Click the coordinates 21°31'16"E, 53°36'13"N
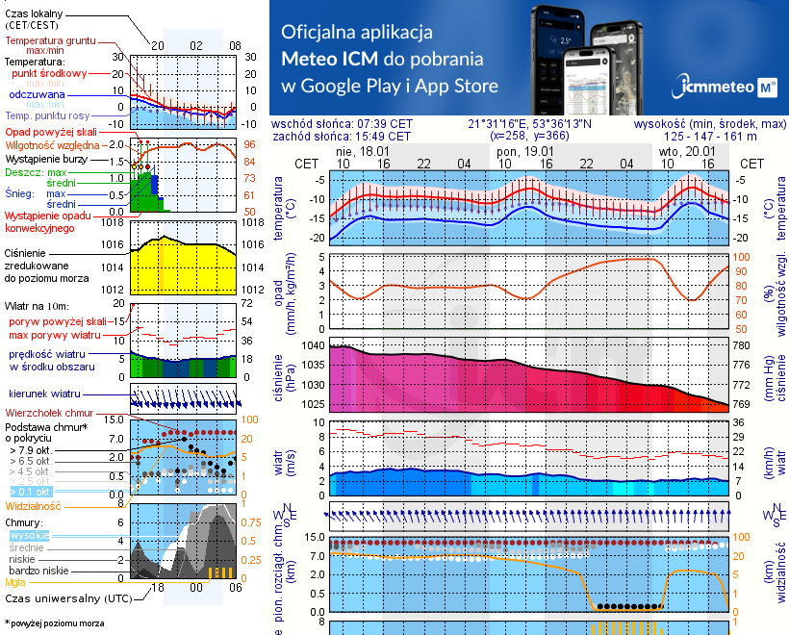[x=530, y=124]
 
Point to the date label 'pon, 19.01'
[x=524, y=152]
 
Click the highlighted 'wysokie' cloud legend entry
[x=29, y=535]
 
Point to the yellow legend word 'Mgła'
[x=15, y=582]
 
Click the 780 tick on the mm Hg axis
[x=741, y=345]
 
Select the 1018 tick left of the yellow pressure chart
[x=115, y=222]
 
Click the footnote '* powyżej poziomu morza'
[x=55, y=623]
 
